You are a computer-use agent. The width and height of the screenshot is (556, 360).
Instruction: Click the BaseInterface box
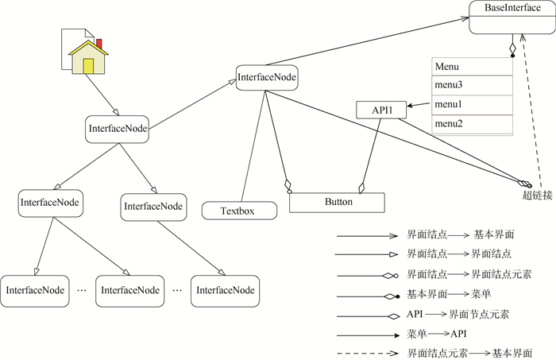[507, 17]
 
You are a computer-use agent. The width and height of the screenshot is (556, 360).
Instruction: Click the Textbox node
[238, 211]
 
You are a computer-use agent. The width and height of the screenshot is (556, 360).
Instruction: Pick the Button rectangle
[337, 202]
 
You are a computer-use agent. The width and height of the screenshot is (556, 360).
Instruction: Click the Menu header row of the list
[472, 67]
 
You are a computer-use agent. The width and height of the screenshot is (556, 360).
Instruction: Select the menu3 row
[472, 85]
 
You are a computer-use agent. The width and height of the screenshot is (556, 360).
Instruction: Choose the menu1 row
[472, 104]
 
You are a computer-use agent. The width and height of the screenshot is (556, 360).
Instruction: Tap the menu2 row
[472, 123]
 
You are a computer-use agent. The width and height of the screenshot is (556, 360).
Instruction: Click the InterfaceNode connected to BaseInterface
[267, 78]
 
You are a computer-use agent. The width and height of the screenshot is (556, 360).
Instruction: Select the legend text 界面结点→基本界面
[461, 235]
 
